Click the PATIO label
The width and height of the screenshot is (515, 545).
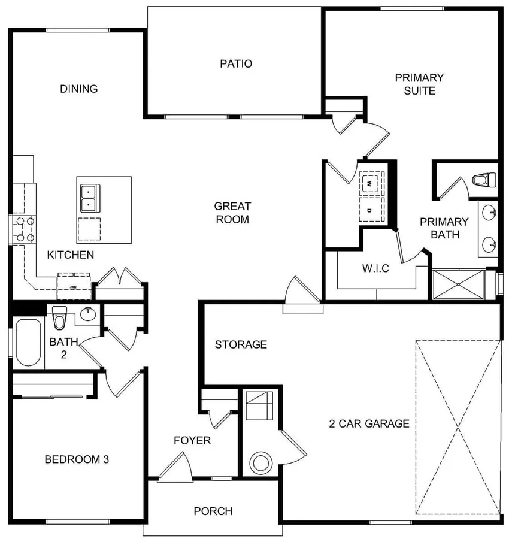coord(235,63)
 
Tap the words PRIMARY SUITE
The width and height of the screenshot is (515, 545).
coord(419,84)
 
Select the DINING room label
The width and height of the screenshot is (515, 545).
coord(78,89)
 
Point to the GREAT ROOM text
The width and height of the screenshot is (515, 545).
coord(232,213)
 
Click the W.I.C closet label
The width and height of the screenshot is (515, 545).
coord(375,268)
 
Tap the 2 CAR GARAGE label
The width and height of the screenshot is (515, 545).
coord(369,424)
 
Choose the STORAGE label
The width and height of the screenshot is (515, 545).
coord(241,344)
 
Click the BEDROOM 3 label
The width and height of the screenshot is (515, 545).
coord(77,459)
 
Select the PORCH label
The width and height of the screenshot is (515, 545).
coord(213,511)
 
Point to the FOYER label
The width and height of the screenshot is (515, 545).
coord(192,441)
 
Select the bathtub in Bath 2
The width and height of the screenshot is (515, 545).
coord(28,343)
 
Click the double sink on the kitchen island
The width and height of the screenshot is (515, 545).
coord(89,198)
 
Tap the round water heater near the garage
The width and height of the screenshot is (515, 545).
coord(262,462)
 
